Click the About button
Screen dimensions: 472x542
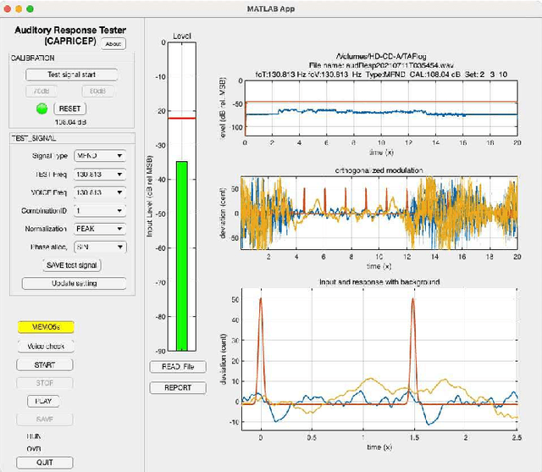113,43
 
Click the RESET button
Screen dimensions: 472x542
69,108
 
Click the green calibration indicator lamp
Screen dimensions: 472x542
41,108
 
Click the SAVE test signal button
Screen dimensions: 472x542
71,265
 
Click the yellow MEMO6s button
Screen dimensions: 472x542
45,326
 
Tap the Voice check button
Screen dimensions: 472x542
45,346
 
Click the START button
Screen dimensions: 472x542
45,364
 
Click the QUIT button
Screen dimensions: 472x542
45,462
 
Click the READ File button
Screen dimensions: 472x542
177,367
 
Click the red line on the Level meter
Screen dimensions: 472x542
180,118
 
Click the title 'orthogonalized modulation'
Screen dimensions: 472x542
378,171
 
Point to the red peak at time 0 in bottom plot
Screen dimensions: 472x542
261,299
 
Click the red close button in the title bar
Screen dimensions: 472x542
9,8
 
